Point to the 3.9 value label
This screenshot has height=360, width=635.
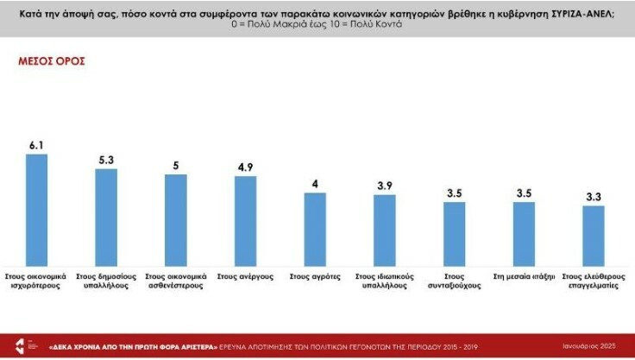pos(385,186)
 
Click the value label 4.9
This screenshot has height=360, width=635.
pos(246,167)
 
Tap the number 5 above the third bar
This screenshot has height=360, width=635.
pos(176,166)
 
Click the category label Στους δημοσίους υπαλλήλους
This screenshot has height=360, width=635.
pos(105,282)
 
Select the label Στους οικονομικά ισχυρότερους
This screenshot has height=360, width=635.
pos(36,282)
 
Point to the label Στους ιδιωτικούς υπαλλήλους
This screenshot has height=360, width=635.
pos(385,282)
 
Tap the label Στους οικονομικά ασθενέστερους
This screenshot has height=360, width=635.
pos(176,282)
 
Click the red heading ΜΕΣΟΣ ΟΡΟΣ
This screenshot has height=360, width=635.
pos(52,62)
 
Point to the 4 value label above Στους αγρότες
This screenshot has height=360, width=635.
pos(316,184)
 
